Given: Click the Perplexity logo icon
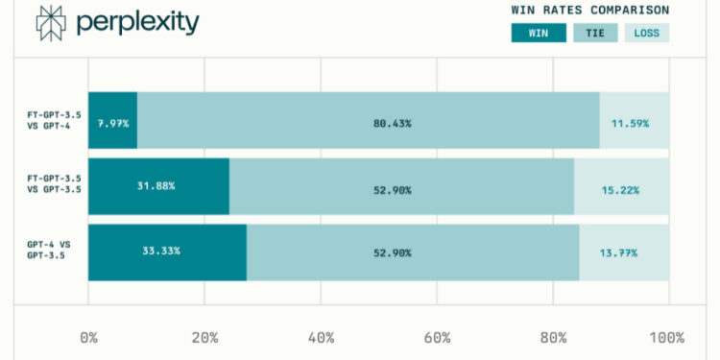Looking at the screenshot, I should [50, 22].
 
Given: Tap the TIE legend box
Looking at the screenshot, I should [595, 33].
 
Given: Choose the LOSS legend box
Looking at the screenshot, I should [647, 33].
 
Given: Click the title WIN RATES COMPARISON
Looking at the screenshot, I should [590, 10].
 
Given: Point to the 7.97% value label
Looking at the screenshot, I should [112, 124].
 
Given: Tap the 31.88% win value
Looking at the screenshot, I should [156, 185].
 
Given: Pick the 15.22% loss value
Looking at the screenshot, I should [620, 190].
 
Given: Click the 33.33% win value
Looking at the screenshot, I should [161, 251].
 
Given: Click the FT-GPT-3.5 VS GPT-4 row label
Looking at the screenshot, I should [54, 120].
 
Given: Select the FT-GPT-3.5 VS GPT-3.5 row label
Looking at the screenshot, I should [54, 185].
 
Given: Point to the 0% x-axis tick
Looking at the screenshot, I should [88, 338].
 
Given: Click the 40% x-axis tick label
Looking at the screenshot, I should [320, 338].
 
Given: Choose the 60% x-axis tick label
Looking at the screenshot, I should [437, 338].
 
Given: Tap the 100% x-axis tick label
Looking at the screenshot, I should [666, 338].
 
